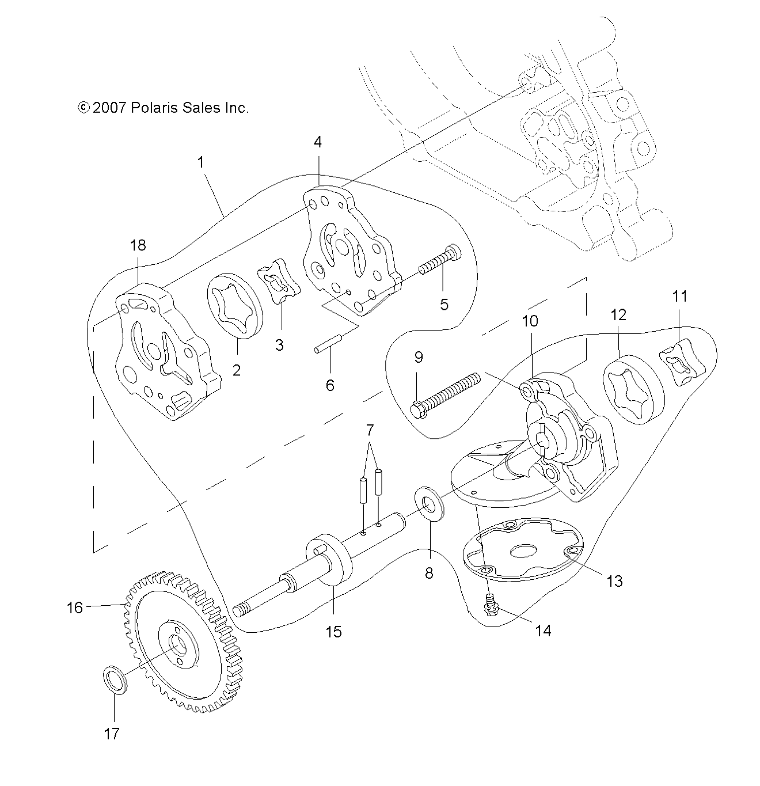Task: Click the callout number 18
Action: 138,245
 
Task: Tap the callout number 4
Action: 318,142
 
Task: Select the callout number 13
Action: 615,581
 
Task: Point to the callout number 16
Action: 75,607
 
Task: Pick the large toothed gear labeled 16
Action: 178,645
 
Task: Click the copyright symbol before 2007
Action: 83,108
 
